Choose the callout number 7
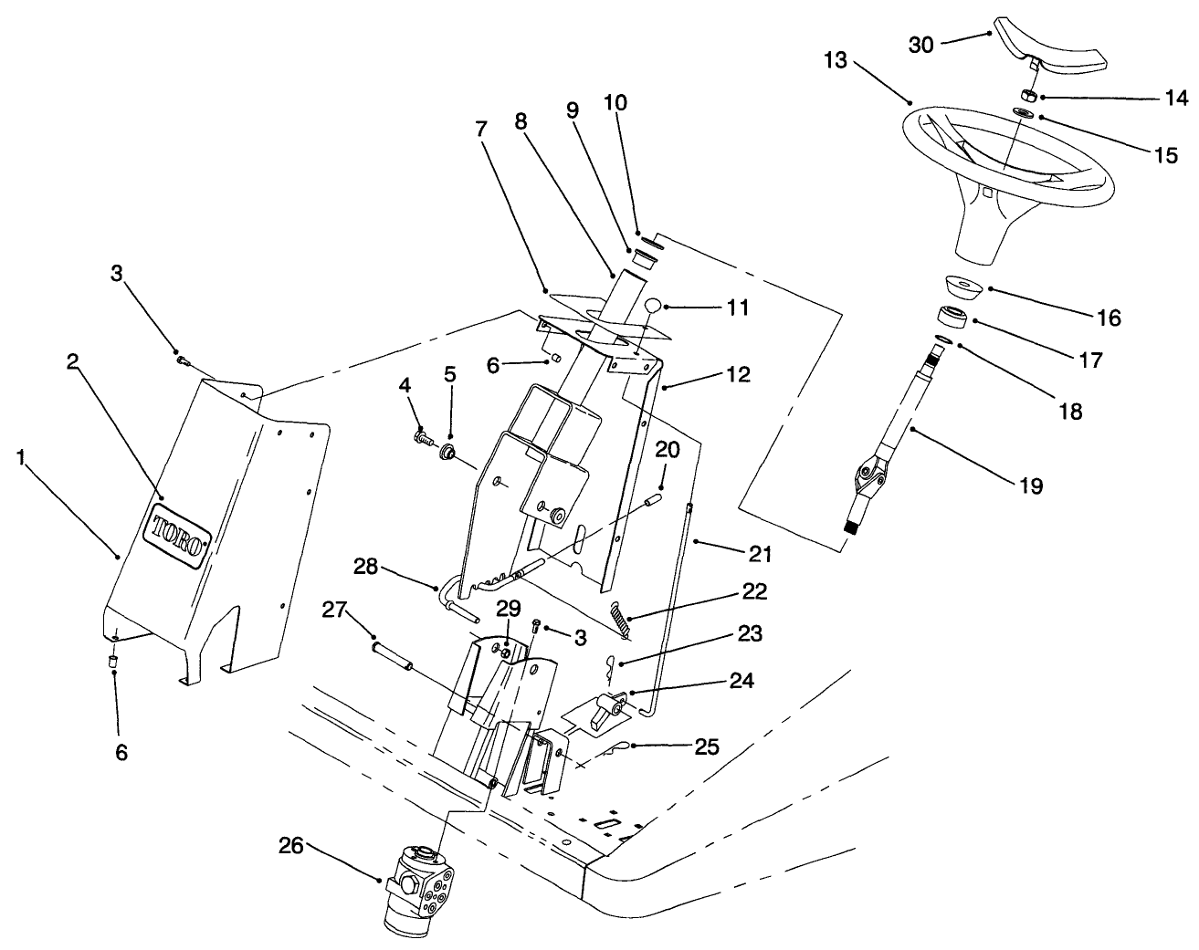(481, 130)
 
